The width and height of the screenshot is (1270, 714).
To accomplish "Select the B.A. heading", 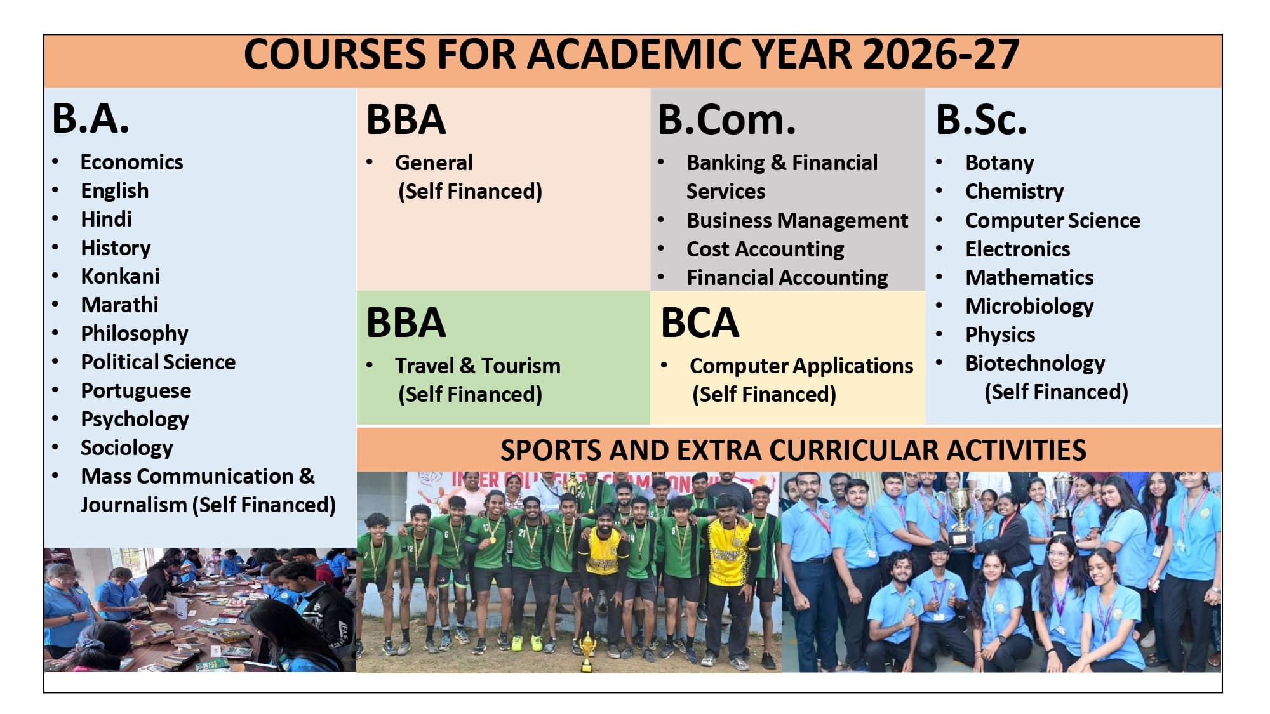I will [x=91, y=119].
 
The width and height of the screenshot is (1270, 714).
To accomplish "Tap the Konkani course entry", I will [x=120, y=276].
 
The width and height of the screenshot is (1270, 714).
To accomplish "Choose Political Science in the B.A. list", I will [x=158, y=362].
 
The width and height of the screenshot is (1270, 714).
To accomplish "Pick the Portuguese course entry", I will [x=136, y=390].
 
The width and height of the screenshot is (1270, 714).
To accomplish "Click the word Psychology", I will [x=135, y=419].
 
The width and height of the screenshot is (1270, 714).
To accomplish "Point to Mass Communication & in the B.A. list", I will [x=197, y=476].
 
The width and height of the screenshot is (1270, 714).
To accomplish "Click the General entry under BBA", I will [x=434, y=162].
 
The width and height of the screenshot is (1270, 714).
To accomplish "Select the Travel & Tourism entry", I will [x=478, y=366].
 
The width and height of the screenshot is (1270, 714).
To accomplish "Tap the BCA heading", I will [x=700, y=322].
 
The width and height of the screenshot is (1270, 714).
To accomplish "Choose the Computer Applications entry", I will [x=801, y=366].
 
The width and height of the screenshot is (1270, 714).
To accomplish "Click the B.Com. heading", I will [x=726, y=120].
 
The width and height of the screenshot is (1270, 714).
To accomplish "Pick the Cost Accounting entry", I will [x=765, y=249].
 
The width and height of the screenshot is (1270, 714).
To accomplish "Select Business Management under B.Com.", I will [x=797, y=220].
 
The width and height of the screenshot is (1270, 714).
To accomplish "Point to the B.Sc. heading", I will [x=981, y=119].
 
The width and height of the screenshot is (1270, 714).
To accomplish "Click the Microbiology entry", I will [x=1029, y=306].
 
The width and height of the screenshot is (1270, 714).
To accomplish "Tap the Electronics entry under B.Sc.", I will [x=1017, y=249].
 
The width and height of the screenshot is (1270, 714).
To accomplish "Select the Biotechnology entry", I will [x=1035, y=363].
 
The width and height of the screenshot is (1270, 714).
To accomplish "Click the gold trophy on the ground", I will [x=587, y=652].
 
